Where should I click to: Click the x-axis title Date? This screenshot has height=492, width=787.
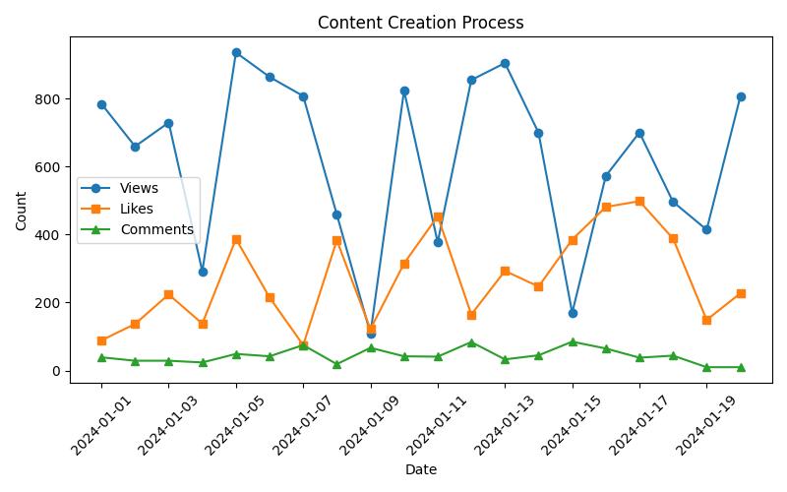tap(420, 470)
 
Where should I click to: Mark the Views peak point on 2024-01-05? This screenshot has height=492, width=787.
tap(236, 52)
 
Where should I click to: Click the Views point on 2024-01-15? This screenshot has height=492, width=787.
tap(573, 313)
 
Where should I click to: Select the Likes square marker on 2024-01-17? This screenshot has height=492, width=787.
tap(639, 201)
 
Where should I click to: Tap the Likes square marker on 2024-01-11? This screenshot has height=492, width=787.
tap(438, 216)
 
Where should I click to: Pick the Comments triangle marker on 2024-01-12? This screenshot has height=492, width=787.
tap(471, 342)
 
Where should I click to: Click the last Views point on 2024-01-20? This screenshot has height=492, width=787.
tap(741, 96)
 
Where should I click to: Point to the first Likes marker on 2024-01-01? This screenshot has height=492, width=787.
tap(101, 340)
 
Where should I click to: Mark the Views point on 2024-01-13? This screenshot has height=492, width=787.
tap(505, 63)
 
